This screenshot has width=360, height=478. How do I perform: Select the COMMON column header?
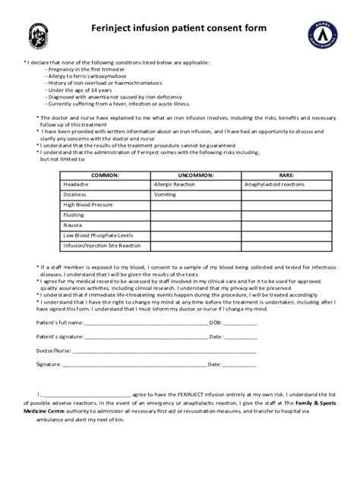coord(106,175)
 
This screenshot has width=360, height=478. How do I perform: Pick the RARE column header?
coord(286,175)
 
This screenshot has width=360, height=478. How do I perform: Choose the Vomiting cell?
coord(165,194)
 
